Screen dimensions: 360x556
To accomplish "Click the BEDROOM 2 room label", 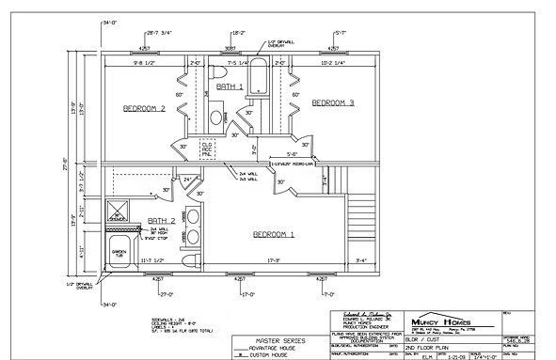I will tap(144, 109).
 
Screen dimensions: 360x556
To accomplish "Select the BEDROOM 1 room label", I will tap(273, 233).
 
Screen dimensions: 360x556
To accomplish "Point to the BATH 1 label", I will tap(230, 86).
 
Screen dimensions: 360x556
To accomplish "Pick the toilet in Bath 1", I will tap(215, 71).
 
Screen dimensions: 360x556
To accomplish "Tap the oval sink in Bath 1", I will tap(215, 117).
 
